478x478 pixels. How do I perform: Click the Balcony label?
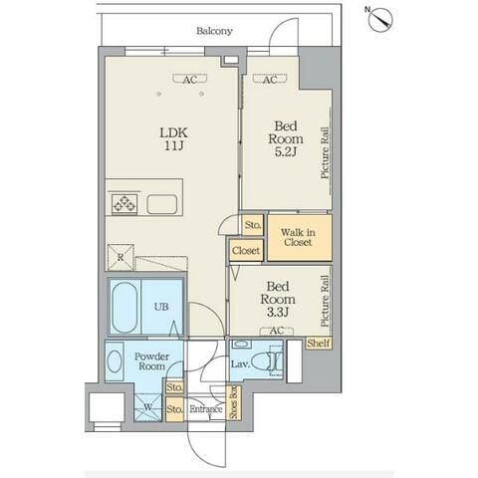coord(214,31)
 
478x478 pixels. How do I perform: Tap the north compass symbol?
coord(380,19)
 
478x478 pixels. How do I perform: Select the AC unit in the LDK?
coord(190,80)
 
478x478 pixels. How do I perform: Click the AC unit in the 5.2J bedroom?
coord(270,80)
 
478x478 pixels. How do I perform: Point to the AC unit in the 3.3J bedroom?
coord(277,331)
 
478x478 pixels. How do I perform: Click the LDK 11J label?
coord(173,139)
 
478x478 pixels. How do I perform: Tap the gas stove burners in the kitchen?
coord(124,203)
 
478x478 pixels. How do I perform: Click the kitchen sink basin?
coord(162,204)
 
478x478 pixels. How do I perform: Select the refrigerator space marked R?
coord(120,258)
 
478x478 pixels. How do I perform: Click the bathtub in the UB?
coord(124,308)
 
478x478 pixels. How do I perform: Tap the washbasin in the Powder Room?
coord(115,361)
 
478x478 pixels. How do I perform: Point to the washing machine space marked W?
coord(148,407)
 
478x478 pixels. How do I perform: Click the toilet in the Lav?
coord(266,360)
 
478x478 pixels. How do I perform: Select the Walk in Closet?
coord(300,238)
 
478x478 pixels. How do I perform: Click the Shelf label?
coord(319,344)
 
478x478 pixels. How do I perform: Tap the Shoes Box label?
coord(234,402)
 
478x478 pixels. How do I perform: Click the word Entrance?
coord(206,409)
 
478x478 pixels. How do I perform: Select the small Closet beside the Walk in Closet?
coord(246,250)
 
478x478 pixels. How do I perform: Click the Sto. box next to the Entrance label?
coord(174,409)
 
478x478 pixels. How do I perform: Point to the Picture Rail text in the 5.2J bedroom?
coord(325,153)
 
